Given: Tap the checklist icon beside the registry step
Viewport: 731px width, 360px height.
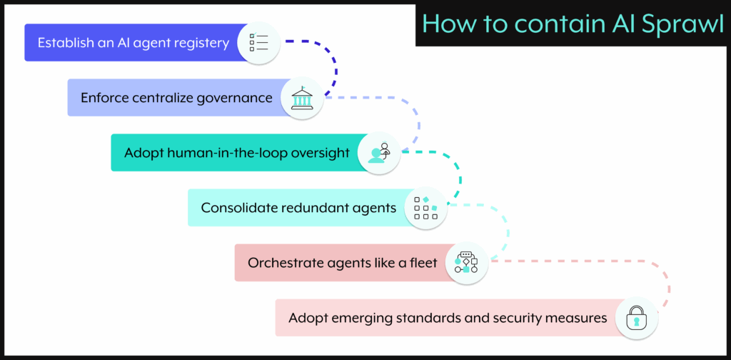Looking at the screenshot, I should (258, 42).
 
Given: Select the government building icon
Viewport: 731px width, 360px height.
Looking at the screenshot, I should (301, 98).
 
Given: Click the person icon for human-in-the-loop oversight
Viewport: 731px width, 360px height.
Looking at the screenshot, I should (378, 153).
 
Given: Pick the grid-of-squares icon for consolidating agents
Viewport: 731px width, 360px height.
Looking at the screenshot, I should (425, 208).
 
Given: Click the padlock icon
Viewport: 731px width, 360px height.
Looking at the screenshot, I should (636, 318).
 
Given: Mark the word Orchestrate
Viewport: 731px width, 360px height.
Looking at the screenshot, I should (281, 263).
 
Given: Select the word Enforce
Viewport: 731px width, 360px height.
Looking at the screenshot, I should (104, 98).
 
